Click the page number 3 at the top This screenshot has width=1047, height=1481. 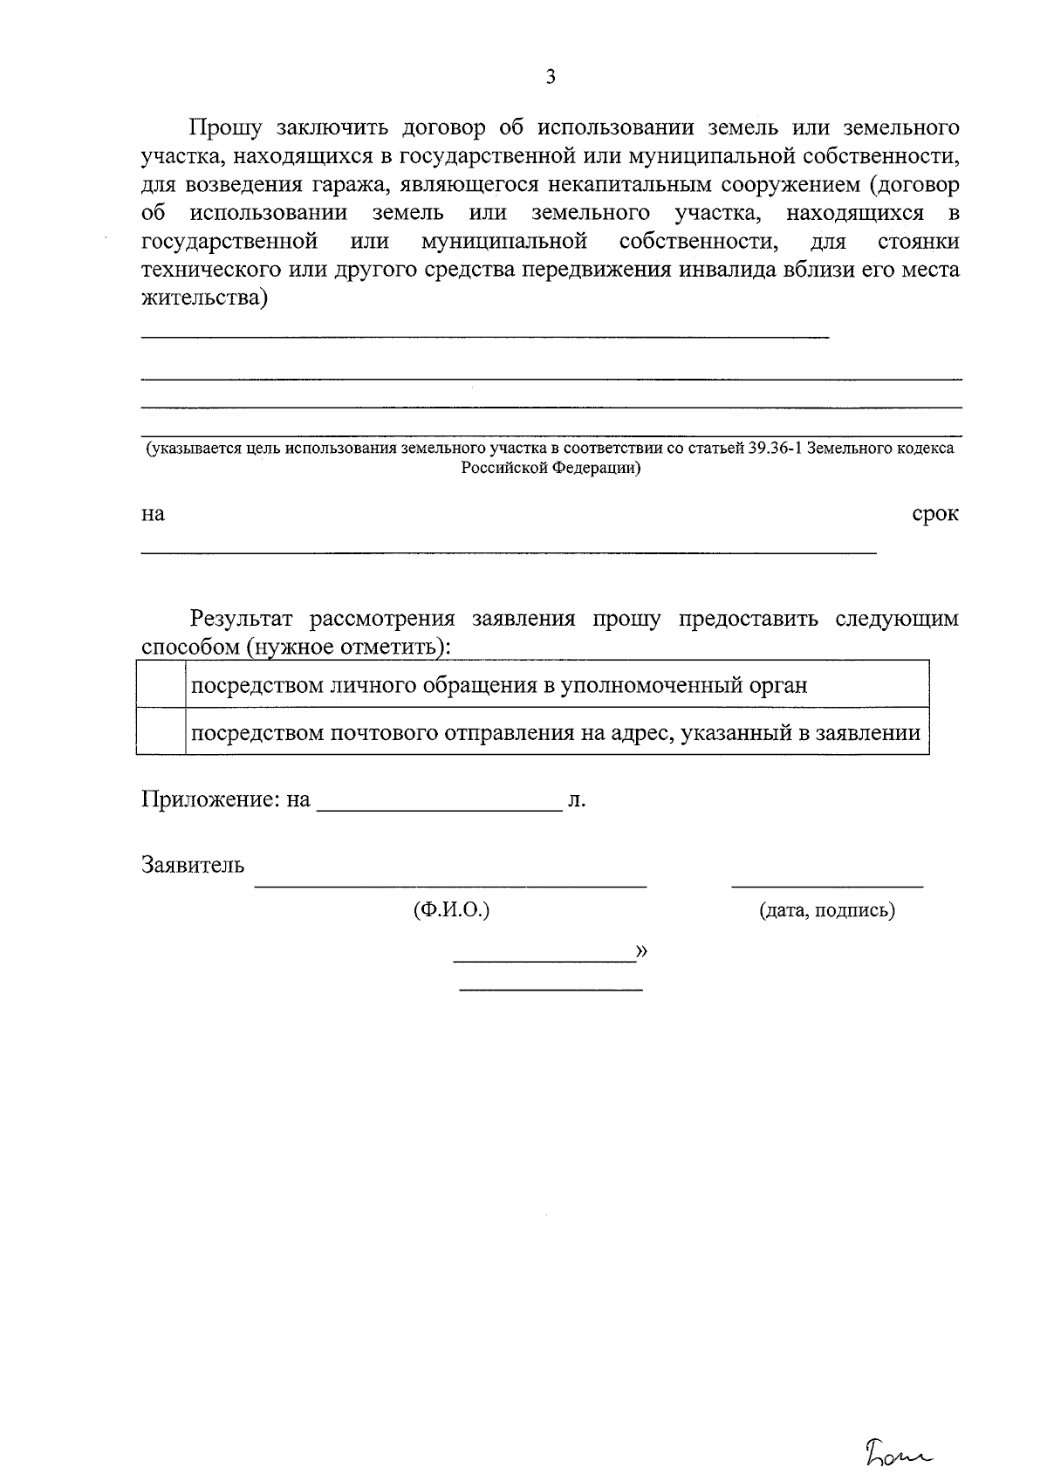[551, 77]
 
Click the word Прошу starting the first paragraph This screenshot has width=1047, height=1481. [226, 128]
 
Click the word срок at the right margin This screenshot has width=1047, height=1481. [935, 514]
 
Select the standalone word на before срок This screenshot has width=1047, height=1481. [153, 515]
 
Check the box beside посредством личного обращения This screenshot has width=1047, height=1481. [161, 685]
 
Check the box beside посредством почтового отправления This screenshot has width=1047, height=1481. [161, 731]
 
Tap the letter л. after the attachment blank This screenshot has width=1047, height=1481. [576, 799]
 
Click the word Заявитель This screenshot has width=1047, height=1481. [193, 866]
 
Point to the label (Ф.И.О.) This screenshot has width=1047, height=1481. [451, 910]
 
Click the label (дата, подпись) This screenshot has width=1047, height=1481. [827, 911]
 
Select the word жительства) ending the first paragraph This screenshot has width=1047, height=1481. [205, 298]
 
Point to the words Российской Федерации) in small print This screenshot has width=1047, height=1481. [551, 468]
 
